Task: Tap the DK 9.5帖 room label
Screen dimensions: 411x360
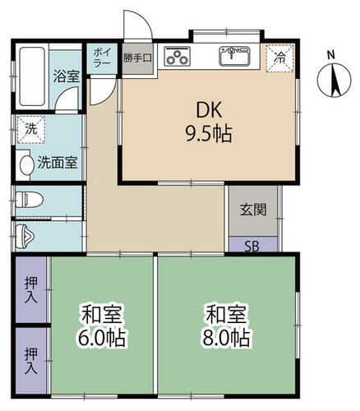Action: (203, 122)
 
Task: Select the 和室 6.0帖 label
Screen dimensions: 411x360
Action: (102, 326)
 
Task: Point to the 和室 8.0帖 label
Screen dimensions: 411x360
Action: (228, 326)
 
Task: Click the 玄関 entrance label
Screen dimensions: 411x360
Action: (253, 210)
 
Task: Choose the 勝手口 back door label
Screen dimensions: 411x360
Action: (137, 58)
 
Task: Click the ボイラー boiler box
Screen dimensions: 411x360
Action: (104, 56)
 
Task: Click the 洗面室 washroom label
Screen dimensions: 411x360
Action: (58, 162)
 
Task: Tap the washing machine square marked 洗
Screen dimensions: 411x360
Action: (30, 129)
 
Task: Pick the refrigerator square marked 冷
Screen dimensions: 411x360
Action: (280, 58)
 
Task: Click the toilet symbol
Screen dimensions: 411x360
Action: (29, 199)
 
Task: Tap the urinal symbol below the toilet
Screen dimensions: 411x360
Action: (26, 234)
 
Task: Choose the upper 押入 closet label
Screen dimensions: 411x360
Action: (31, 289)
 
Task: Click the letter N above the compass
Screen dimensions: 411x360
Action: (330, 55)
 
